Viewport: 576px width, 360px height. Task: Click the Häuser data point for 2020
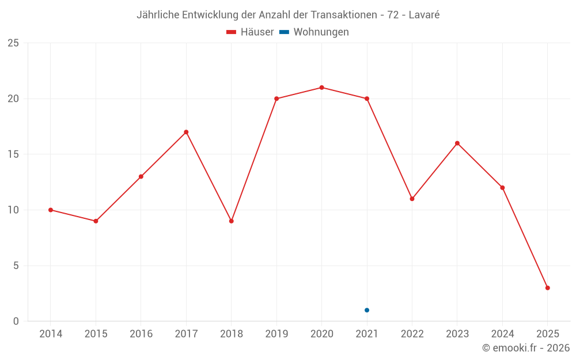(x=321, y=88)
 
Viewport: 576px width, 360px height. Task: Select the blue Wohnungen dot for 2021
(x=367, y=310)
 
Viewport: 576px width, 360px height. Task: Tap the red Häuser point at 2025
(x=547, y=288)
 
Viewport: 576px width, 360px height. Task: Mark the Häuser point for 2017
(x=186, y=132)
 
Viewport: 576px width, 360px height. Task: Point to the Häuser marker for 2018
(x=231, y=221)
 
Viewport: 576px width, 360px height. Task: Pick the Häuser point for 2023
(x=457, y=143)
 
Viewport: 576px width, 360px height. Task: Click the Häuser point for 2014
(x=51, y=210)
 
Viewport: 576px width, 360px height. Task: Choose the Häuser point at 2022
(x=412, y=199)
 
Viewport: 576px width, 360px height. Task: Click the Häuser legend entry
(x=250, y=32)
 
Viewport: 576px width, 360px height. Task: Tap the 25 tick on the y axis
(x=13, y=43)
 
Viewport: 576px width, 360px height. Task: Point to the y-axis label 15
(x=13, y=154)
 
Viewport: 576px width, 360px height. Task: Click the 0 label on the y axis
(x=16, y=321)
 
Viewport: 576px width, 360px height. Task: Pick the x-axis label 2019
(x=276, y=334)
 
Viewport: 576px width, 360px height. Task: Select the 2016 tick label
(x=141, y=334)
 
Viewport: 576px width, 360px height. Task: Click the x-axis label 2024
(x=502, y=334)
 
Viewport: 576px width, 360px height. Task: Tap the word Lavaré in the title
(x=424, y=15)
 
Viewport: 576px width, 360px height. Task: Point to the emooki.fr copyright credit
(x=526, y=348)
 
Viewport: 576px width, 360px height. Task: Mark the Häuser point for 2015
(x=96, y=221)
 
